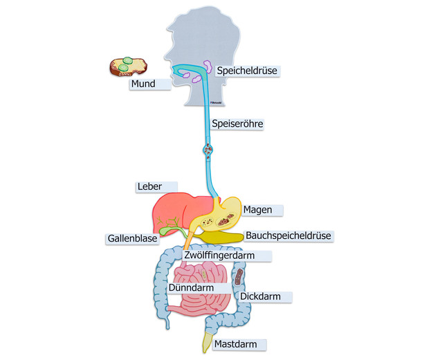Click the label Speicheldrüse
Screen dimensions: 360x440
point(246,71)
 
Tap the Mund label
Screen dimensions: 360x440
point(143,84)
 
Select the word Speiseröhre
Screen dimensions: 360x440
point(237,125)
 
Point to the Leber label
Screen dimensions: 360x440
point(149,187)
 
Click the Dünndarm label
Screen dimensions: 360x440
point(190,287)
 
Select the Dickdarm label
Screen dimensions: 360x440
point(260,297)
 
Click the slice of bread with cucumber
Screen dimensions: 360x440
point(129,66)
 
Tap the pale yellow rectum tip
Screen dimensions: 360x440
point(207,339)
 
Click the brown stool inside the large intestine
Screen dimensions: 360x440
point(239,278)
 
